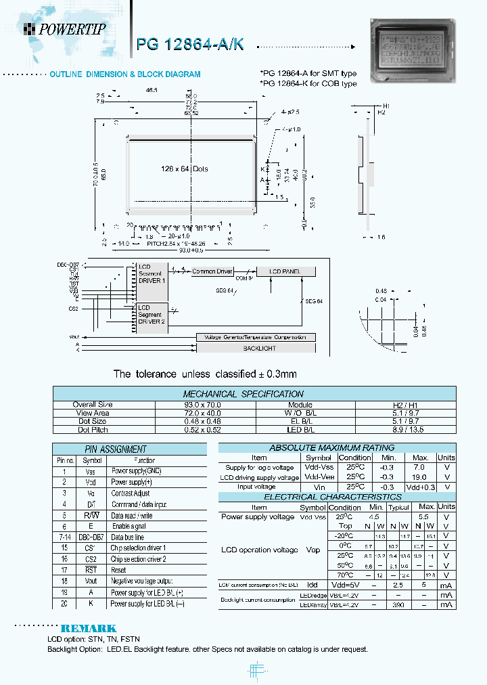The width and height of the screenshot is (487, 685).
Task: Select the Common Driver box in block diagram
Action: click(x=212, y=271)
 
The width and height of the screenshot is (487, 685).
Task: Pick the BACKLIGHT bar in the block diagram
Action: click(x=255, y=348)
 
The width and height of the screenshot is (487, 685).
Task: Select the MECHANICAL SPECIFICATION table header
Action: click(x=243, y=393)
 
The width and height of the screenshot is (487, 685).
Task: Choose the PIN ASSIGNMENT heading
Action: click(x=123, y=449)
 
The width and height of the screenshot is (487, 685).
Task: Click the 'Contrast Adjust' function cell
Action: click(x=131, y=493)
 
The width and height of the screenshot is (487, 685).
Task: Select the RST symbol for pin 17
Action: click(x=90, y=570)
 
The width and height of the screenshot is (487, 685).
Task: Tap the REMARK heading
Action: click(x=89, y=628)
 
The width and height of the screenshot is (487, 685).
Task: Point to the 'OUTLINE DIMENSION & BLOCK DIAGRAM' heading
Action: click(x=125, y=74)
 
